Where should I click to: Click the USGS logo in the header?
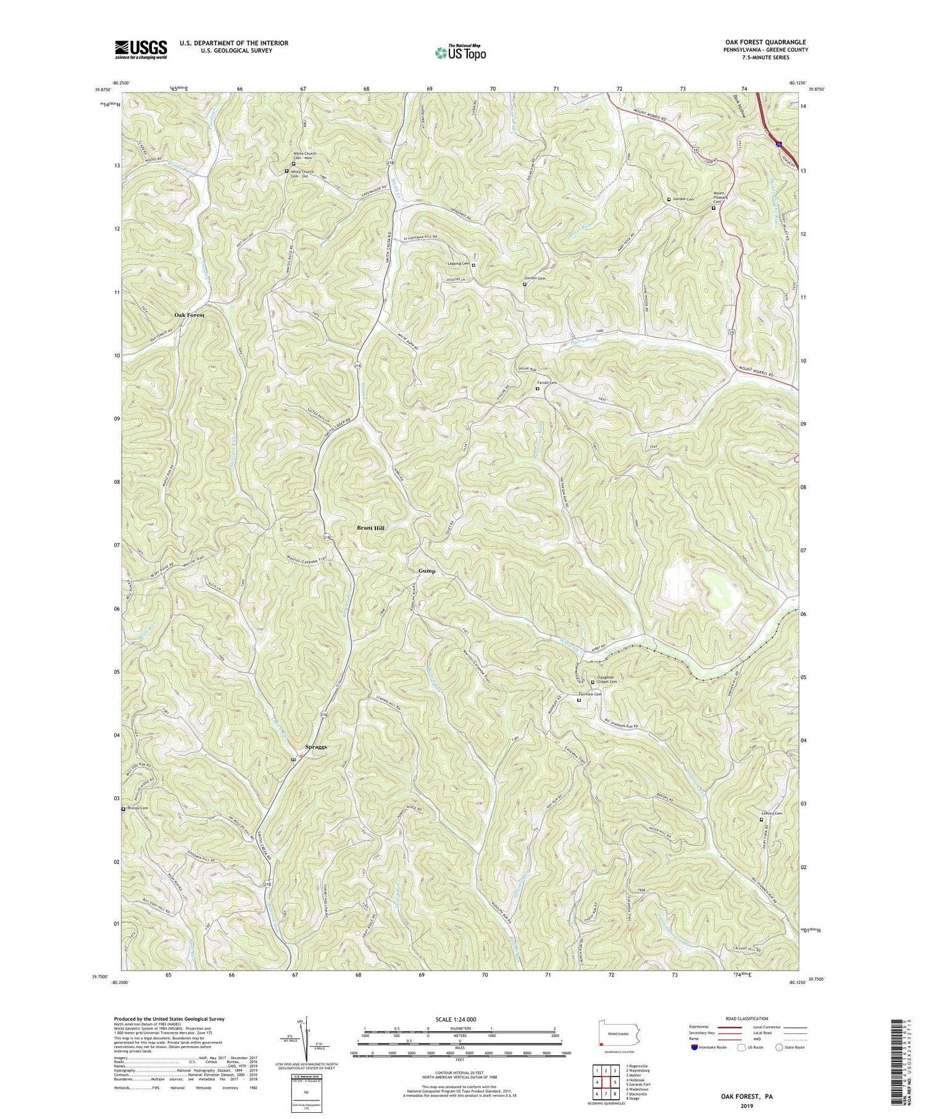click(x=141, y=49)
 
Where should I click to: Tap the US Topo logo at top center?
click(x=460, y=52)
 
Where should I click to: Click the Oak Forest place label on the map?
click(x=189, y=315)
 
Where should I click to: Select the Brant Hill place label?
click(x=371, y=528)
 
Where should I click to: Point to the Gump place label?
click(x=427, y=571)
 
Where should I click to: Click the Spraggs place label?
click(x=316, y=747)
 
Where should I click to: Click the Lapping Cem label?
click(x=459, y=264)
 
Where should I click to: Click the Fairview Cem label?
click(x=590, y=694)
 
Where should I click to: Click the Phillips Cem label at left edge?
click(x=137, y=808)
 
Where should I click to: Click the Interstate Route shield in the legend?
click(x=694, y=1047)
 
